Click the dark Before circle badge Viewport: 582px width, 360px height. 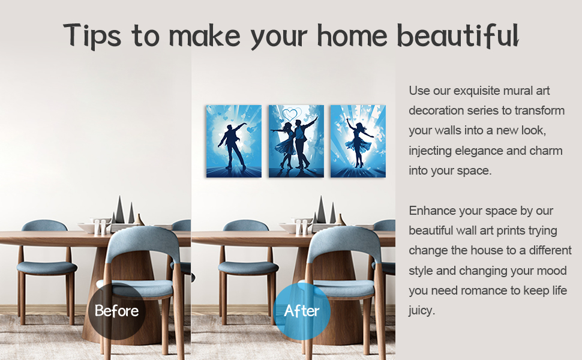(x=116, y=311)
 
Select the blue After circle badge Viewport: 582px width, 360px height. (x=302, y=311)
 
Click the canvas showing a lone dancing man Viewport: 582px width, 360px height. (x=234, y=141)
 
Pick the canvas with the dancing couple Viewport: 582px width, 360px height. (x=296, y=141)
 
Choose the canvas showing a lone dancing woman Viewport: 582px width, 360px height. (x=358, y=141)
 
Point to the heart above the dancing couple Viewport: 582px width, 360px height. (x=292, y=113)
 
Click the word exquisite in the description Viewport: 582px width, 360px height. (x=482, y=91)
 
